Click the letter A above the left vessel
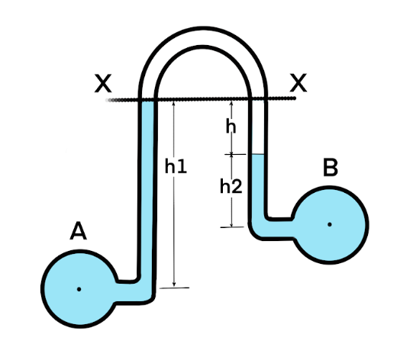point(78,231)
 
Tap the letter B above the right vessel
point(331,168)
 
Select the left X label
point(103,83)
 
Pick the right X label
point(298,83)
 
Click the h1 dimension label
point(176,166)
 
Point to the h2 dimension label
point(231,186)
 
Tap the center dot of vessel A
point(79,289)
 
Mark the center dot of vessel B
point(330,224)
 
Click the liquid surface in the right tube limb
point(258,154)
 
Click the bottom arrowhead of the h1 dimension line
point(174,284)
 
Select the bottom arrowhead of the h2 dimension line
point(231,224)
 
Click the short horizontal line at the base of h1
point(174,288)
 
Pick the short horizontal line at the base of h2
point(232,227)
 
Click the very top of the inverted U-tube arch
point(203,28)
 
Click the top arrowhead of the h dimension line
point(231,104)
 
